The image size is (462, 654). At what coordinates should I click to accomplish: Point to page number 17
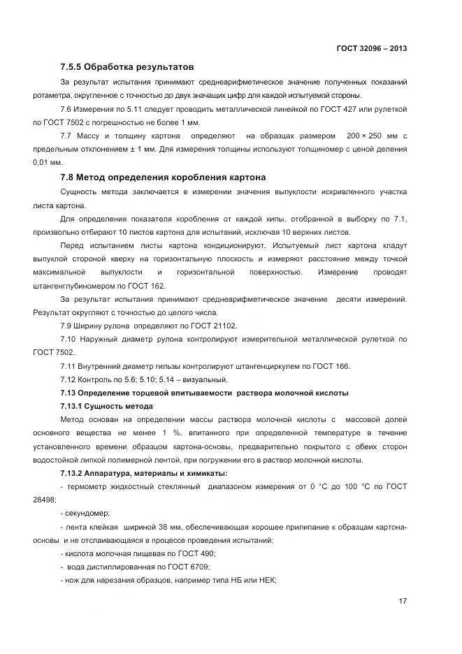point(403,601)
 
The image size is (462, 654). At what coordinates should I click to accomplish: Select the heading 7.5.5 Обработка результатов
point(126,68)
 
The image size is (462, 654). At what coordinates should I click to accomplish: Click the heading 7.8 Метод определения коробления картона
point(163,177)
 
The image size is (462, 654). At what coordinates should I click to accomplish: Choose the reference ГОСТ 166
point(331,366)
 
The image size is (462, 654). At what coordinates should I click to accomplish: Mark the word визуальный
point(205,379)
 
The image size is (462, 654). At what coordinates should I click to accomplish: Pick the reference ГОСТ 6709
point(190,567)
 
